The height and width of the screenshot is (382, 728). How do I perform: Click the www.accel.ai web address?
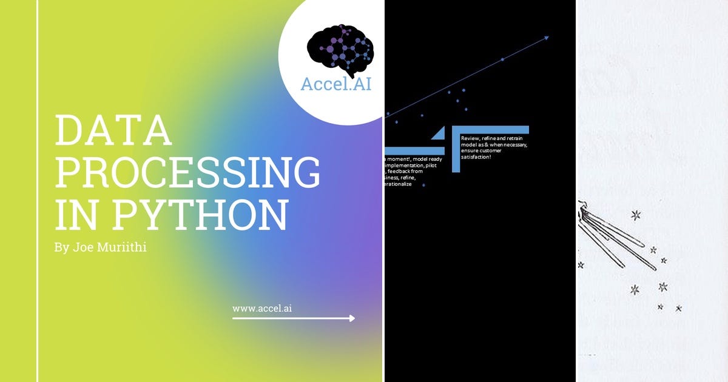coord(263,308)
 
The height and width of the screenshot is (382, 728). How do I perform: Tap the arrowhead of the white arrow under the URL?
coord(352,318)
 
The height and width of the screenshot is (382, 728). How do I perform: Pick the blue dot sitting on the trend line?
coord(502,59)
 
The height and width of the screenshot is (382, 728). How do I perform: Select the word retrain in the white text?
coord(517,139)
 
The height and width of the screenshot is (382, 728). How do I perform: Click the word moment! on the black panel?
coord(399,159)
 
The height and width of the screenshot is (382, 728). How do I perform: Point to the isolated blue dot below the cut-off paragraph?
coord(423,185)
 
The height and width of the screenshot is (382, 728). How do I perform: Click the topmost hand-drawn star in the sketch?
coord(636,215)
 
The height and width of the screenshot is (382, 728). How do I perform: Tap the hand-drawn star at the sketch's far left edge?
coord(581,264)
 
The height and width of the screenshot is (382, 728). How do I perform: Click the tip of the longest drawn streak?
coord(656,269)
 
